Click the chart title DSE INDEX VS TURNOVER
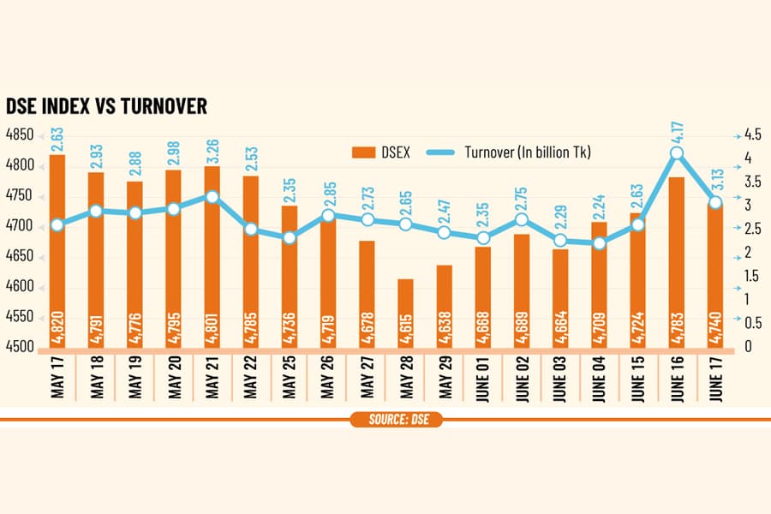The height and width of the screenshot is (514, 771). [x=106, y=106]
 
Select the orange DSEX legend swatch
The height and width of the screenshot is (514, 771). [x=364, y=152]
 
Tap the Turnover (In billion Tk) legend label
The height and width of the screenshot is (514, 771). [x=528, y=152]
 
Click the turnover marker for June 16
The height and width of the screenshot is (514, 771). [x=677, y=153]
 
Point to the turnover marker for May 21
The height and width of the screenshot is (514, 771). [x=212, y=197]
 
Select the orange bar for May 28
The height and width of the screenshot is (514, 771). [x=406, y=314]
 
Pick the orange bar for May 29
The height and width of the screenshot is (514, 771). [x=445, y=307]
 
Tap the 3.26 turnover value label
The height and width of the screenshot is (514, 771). [x=213, y=151]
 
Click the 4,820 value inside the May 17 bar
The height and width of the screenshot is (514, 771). [x=57, y=327]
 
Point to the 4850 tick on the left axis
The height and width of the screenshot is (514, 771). [x=20, y=134]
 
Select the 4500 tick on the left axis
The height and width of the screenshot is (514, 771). [x=20, y=346]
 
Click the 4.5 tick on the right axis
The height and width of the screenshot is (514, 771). [x=752, y=134]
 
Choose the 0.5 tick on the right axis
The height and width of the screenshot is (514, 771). [x=752, y=323]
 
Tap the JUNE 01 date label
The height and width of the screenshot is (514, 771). [x=484, y=379]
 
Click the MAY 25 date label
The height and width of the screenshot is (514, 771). [x=290, y=377]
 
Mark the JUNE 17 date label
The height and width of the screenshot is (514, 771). [x=716, y=379]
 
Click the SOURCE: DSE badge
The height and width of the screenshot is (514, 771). [x=397, y=420]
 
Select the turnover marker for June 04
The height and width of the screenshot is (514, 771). [x=599, y=243]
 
